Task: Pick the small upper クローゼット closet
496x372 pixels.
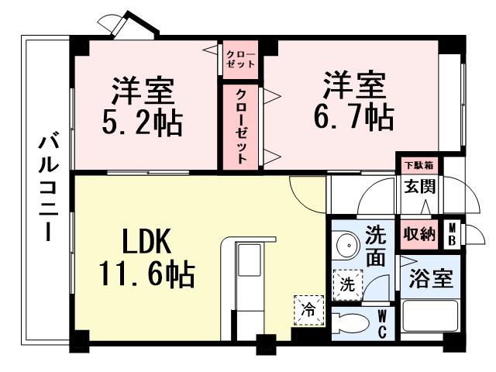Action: [240, 58]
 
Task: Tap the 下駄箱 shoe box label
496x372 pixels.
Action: [418, 164]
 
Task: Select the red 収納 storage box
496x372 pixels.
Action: [418, 232]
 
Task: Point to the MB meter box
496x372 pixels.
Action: [451, 234]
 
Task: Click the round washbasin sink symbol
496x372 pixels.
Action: [346, 247]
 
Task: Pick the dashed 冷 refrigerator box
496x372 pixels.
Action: [308, 311]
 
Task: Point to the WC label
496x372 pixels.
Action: [384, 323]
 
